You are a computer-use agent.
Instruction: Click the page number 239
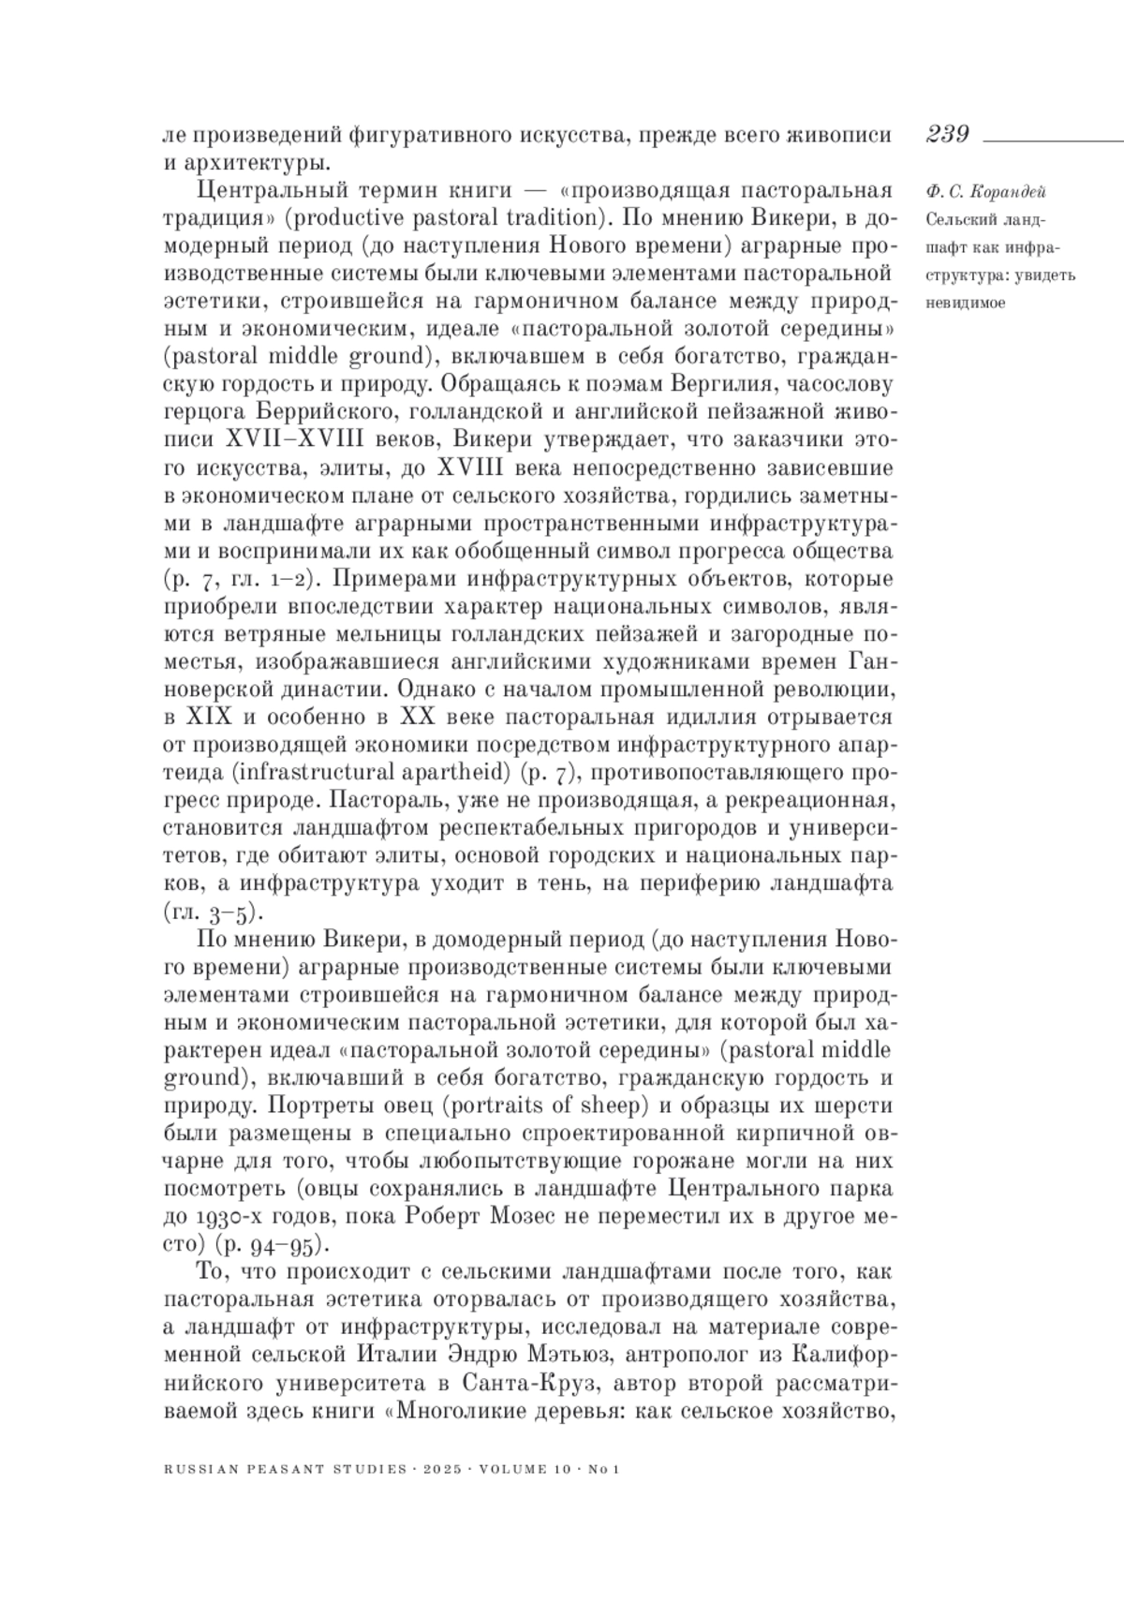[947, 134]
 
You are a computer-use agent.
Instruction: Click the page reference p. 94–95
[271, 1244]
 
